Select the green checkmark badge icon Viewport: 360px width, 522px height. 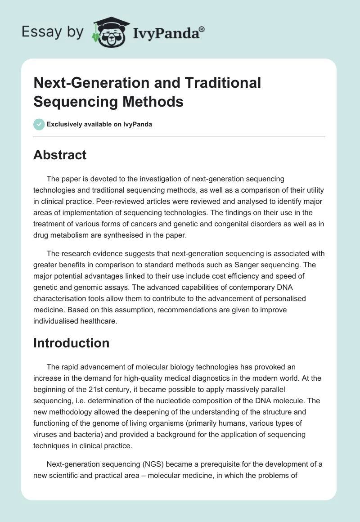39,124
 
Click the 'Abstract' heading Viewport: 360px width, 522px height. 60,155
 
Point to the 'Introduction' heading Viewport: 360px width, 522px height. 72,343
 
